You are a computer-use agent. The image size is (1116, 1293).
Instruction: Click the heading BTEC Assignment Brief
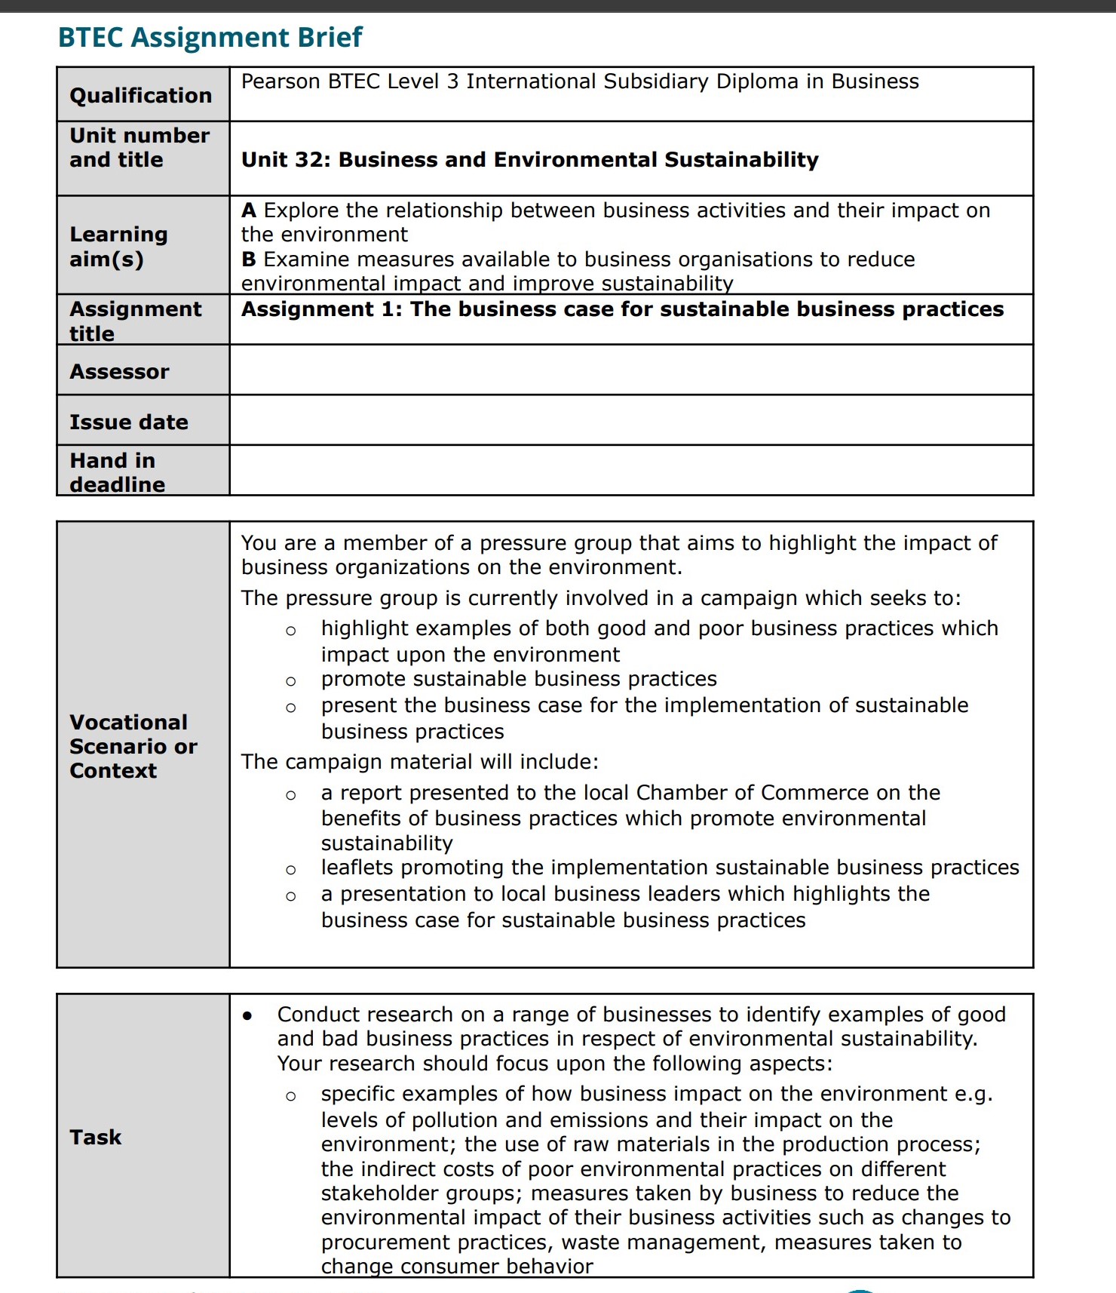click(x=210, y=37)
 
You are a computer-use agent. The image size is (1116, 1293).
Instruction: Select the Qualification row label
click(x=140, y=95)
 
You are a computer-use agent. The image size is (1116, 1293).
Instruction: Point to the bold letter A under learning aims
click(x=249, y=210)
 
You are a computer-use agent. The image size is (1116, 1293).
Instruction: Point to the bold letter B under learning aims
click(x=249, y=260)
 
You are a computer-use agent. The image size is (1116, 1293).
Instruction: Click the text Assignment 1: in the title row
click(x=321, y=309)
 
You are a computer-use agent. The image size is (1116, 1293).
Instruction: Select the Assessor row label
click(x=119, y=371)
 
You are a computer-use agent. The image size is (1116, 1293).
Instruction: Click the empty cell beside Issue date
click(x=630, y=420)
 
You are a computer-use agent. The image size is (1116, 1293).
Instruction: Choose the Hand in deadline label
click(x=117, y=472)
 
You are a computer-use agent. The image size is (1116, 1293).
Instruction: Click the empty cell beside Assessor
click(x=630, y=370)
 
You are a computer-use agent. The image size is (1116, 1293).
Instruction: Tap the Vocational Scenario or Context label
click(x=133, y=746)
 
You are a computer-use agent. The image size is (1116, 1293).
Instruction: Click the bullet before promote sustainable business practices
click(x=291, y=681)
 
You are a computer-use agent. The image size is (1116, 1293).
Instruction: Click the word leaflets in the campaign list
click(x=357, y=868)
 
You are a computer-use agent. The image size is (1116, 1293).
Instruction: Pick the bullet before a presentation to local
click(x=291, y=896)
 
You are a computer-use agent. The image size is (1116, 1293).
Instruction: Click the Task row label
click(x=95, y=1137)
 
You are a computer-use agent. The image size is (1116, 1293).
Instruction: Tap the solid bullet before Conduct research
click(x=248, y=1015)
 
